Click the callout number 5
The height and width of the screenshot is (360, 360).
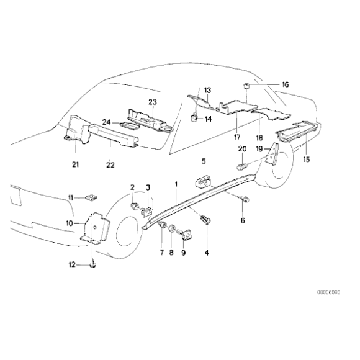203,161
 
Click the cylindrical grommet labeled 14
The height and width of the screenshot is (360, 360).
192,116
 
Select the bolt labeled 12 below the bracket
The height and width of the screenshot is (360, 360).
92,266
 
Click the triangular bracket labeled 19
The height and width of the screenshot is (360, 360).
271,160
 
